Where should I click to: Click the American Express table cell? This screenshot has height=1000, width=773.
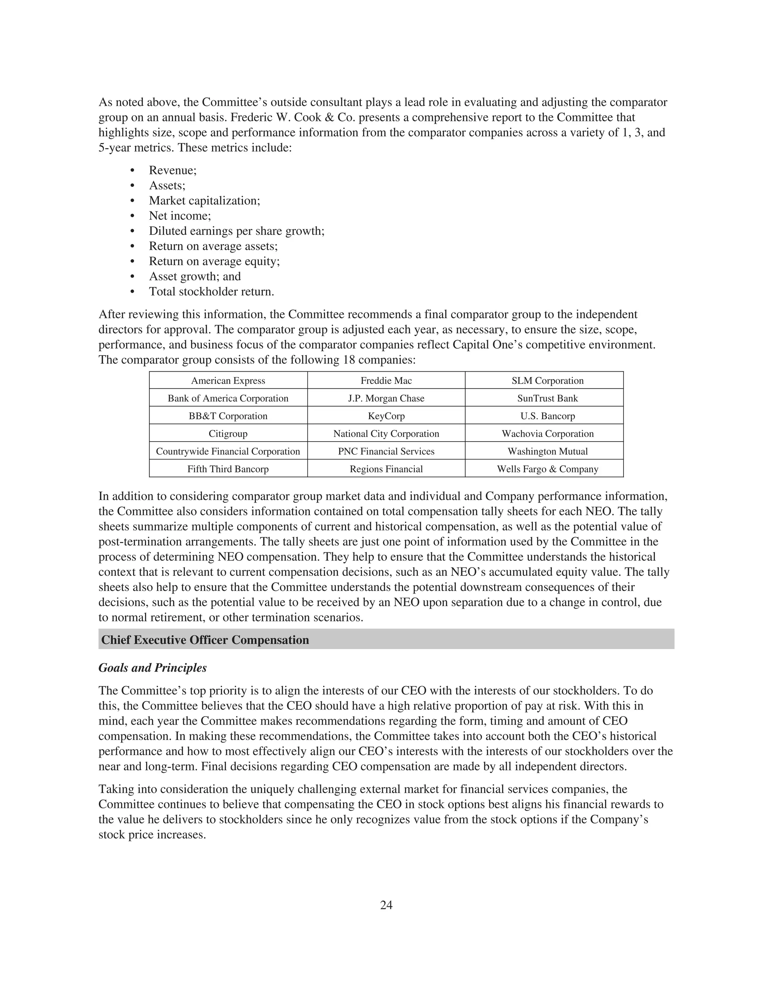tap(228, 380)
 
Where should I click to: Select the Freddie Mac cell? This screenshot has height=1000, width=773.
tap(386, 380)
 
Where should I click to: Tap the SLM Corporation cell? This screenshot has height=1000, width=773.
tap(547, 380)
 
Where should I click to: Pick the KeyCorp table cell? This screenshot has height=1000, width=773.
tap(386, 416)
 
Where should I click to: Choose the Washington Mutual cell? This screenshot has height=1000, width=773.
tap(547, 451)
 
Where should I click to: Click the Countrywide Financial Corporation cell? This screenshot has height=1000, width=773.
tap(228, 451)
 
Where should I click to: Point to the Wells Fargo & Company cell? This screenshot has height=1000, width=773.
tap(547, 469)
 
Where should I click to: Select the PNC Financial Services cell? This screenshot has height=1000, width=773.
tap(386, 451)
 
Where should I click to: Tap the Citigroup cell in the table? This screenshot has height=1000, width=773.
tap(228, 434)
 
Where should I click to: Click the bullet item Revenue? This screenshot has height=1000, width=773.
tap(172, 170)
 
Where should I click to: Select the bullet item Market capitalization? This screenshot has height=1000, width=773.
tap(204, 200)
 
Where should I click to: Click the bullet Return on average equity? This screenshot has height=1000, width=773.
tap(214, 262)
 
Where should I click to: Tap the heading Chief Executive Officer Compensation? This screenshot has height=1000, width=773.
tap(205, 640)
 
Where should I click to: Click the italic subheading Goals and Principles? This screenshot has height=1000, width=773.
tap(152, 668)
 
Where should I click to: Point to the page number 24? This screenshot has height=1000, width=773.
tap(386, 905)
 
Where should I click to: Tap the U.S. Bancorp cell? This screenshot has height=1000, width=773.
tap(547, 416)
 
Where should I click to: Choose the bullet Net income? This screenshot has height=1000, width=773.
tap(180, 215)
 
